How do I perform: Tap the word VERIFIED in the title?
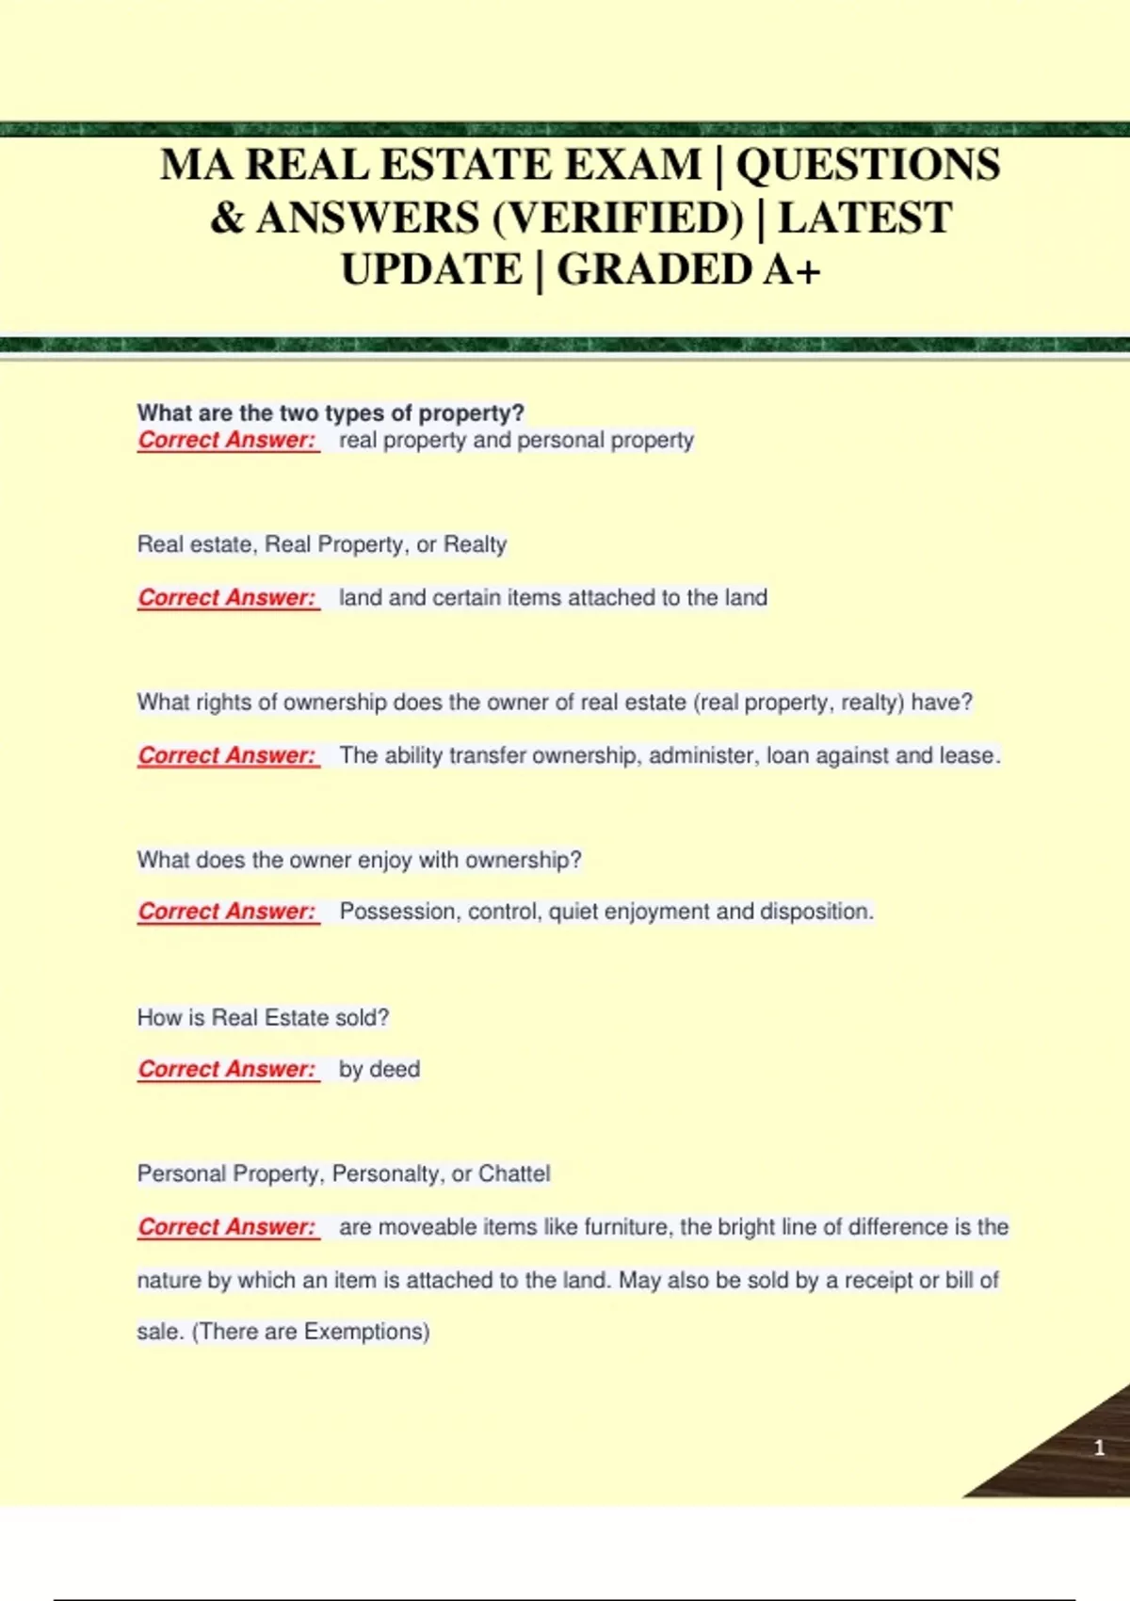pyautogui.click(x=618, y=218)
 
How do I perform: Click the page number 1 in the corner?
pyautogui.click(x=1099, y=1447)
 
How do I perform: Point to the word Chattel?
pyautogui.click(x=514, y=1174)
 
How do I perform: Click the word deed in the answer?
pyautogui.click(x=395, y=1070)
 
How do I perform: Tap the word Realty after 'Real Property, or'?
pyautogui.click(x=475, y=544)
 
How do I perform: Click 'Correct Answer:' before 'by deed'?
pyautogui.click(x=227, y=1070)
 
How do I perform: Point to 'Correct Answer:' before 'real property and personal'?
pyautogui.click(x=227, y=440)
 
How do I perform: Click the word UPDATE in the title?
pyautogui.click(x=431, y=270)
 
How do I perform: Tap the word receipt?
pyautogui.click(x=878, y=1280)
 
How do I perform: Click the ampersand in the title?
pyautogui.click(x=227, y=218)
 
